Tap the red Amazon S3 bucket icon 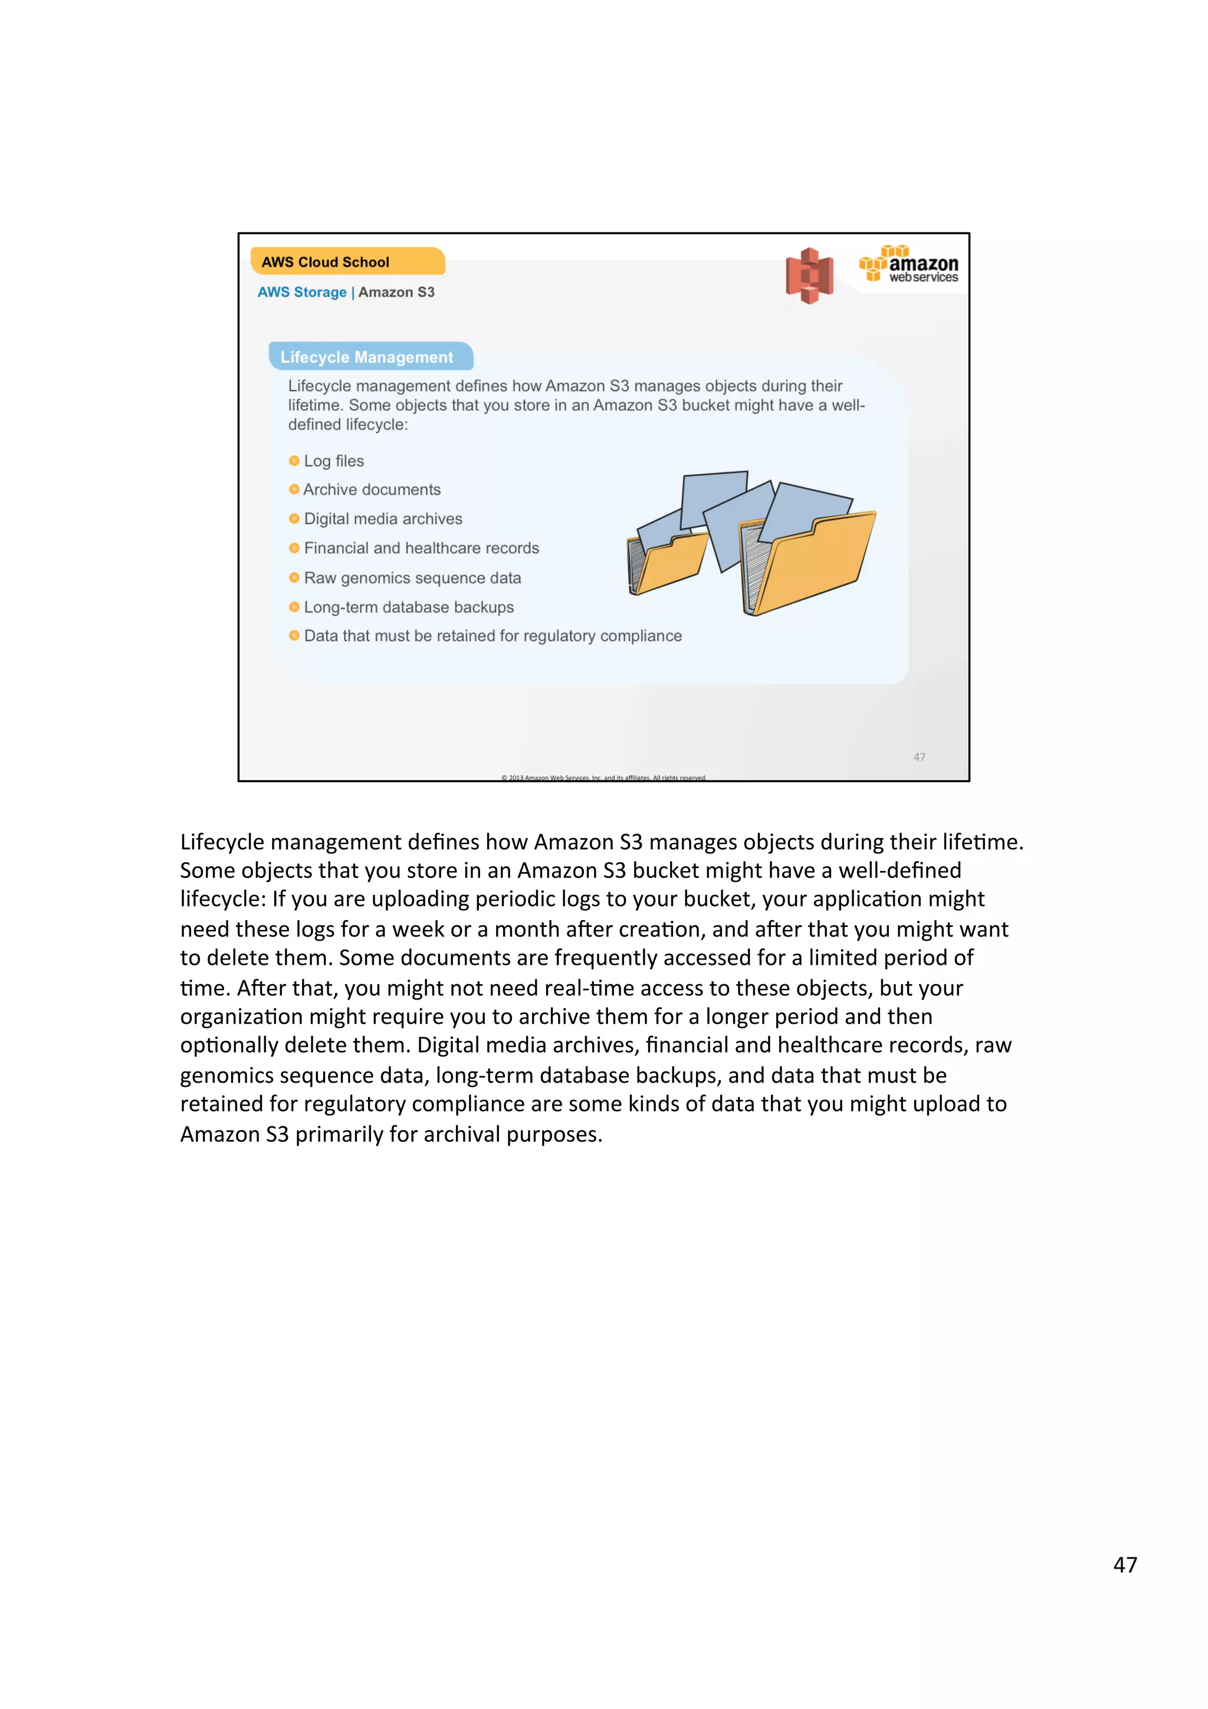click(809, 275)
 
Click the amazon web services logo click(909, 265)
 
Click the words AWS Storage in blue click(301, 292)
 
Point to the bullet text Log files click(333, 461)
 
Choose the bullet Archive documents click(372, 489)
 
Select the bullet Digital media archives click(383, 519)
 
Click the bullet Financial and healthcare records click(421, 548)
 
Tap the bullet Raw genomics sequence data click(412, 577)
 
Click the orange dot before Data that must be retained click(294, 636)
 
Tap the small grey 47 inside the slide click(919, 756)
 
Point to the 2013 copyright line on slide click(603, 777)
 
